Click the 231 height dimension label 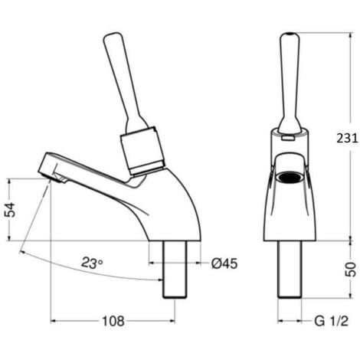[348, 139]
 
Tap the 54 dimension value [11, 210]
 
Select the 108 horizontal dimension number [113, 321]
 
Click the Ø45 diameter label [224, 263]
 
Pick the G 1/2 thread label [331, 321]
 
